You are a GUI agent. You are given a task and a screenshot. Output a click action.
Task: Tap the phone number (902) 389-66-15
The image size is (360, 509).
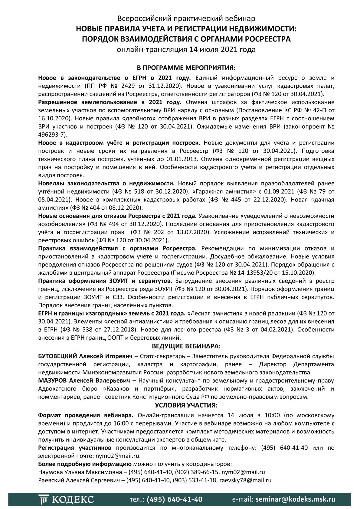click(196, 472)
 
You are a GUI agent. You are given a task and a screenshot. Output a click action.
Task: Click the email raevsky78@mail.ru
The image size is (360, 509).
click(245, 480)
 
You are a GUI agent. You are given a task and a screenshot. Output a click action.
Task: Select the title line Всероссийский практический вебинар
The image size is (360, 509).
click(186, 18)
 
